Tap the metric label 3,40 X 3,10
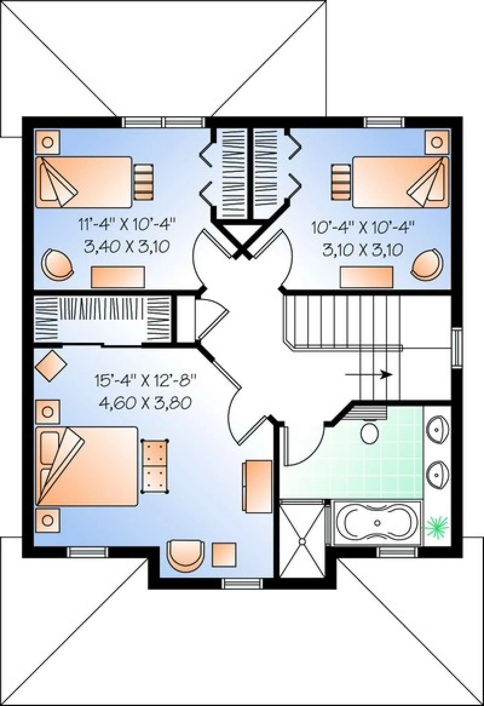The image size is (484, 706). pos(127,246)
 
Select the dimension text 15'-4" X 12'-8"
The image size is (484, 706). pos(145,380)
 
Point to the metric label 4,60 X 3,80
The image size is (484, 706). pos(145,403)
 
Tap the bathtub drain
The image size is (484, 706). pos(377,523)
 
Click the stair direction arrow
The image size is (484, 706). pos(369,374)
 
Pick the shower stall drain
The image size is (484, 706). pos(302,540)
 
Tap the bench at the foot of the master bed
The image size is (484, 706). pos(154,466)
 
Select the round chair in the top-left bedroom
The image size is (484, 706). pos(58,264)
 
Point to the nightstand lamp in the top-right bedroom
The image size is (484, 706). pos(436,142)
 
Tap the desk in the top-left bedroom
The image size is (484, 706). pos(118,277)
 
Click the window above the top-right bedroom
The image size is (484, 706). pos(384,122)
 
